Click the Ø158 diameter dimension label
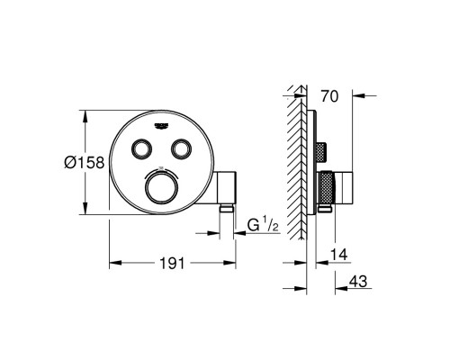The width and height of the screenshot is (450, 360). click(x=85, y=162)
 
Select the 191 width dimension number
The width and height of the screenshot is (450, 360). click(x=173, y=264)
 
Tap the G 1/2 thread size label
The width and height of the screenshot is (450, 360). click(x=264, y=225)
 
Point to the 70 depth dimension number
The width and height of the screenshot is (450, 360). click(x=329, y=96)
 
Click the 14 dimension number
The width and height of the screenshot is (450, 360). click(x=338, y=255)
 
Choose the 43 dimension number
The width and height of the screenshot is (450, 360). click(x=358, y=282)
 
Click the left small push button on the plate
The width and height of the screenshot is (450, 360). click(x=141, y=148)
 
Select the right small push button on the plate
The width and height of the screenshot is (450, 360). click(x=181, y=148)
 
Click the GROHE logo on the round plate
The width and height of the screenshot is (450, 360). click(x=162, y=126)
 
